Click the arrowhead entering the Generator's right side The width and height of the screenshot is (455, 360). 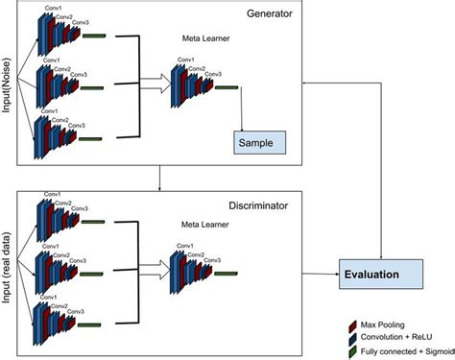click(x=306, y=83)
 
